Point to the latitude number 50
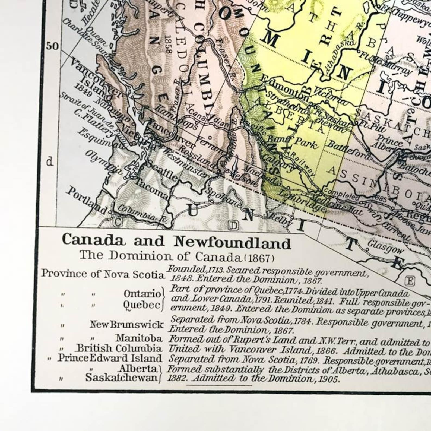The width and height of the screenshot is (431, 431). pos(52,46)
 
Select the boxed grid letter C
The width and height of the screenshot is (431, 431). pos(118,222)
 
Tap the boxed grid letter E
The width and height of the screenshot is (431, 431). pos(409,281)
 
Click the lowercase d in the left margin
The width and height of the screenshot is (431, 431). pos(50,162)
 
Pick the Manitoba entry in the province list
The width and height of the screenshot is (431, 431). pos(139,338)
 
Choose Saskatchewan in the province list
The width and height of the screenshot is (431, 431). pos(121,378)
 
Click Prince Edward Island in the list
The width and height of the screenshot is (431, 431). pos(110,358)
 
